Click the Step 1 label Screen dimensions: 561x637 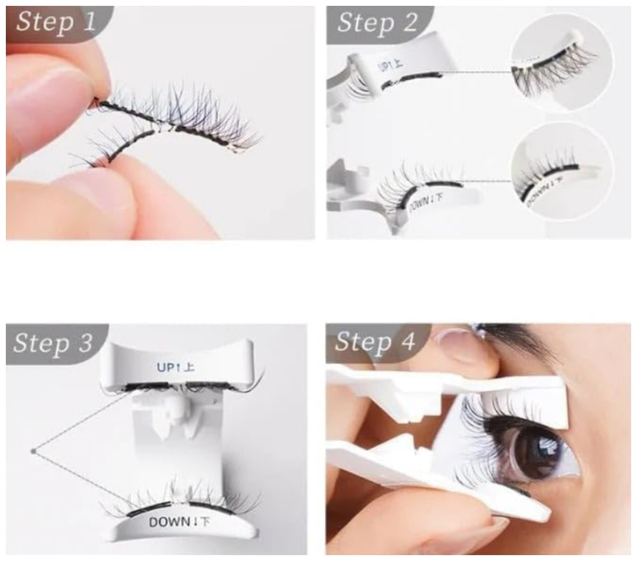(56, 22)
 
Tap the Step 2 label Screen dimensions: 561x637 (377, 22)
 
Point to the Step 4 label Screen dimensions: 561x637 (375, 342)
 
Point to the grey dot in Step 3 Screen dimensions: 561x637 (33, 452)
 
